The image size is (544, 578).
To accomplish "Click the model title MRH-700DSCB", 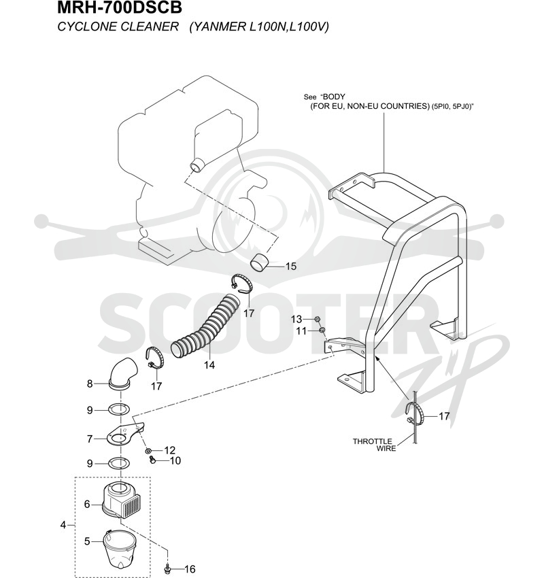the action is (120, 7).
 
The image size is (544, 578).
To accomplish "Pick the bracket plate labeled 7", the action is (124, 434).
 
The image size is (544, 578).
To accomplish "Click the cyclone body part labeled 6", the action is (121, 500).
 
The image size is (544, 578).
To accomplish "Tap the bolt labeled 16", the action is (168, 568).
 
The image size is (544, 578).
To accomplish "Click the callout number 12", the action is (169, 450).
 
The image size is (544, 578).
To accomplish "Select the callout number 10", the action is (175, 460).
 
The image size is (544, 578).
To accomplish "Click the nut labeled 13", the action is (317, 319).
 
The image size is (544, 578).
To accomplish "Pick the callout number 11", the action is (301, 331).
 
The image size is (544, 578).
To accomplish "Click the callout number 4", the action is (63, 524).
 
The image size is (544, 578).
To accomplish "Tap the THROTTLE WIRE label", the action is (374, 445).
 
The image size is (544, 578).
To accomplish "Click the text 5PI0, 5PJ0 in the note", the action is (452, 107).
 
